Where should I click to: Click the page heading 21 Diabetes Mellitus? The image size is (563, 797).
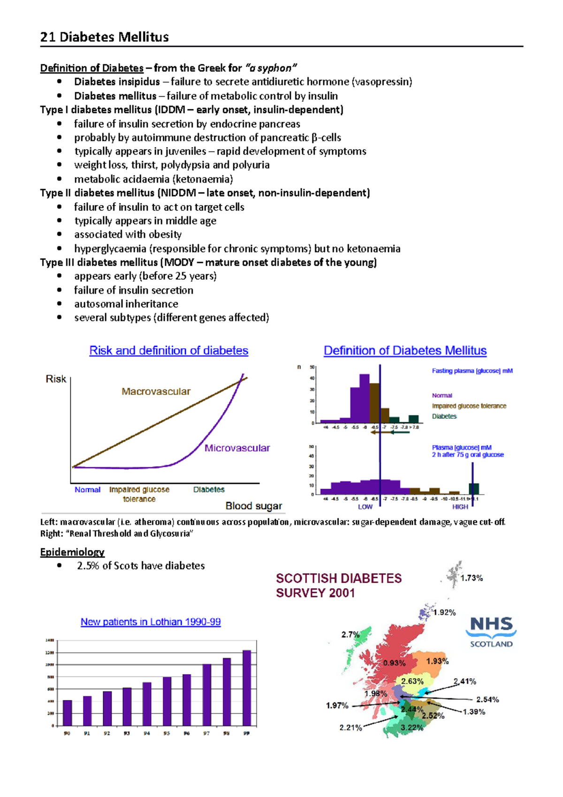click(104, 37)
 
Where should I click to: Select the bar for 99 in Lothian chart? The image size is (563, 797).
click(247, 688)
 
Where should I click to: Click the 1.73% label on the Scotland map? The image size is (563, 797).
click(472, 578)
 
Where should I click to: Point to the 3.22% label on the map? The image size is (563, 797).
click(412, 728)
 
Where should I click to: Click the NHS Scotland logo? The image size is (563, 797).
click(491, 632)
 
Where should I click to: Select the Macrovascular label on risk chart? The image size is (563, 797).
click(156, 391)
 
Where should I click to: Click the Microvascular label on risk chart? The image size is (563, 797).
click(237, 448)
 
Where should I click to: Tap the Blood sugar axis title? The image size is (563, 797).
click(253, 506)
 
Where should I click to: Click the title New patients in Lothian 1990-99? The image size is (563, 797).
click(151, 621)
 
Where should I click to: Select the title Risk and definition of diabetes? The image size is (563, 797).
click(168, 351)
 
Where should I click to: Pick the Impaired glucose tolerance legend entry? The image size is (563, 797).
click(469, 406)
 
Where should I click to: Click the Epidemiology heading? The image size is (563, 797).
click(72, 552)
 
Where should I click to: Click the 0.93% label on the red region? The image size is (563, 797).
click(394, 663)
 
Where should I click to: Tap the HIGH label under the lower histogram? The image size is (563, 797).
click(460, 506)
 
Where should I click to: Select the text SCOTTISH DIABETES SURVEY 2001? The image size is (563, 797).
click(338, 585)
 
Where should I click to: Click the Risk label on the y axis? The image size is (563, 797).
click(56, 379)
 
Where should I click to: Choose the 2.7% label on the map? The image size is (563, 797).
click(350, 635)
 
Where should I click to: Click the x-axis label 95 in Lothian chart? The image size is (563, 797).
click(167, 733)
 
